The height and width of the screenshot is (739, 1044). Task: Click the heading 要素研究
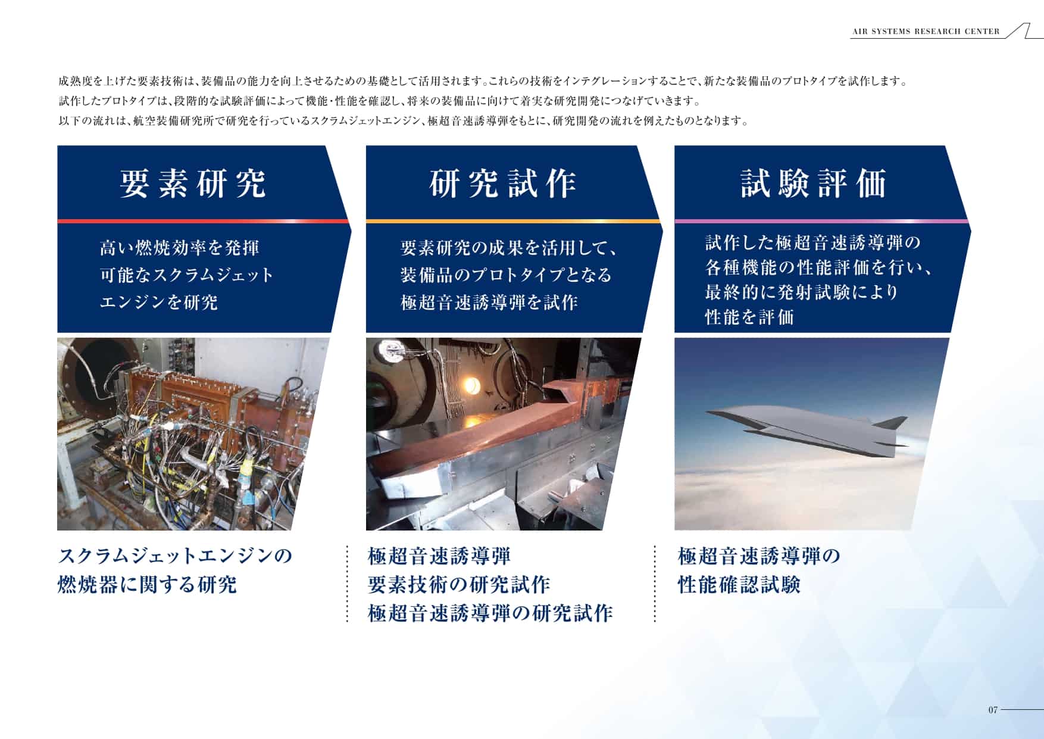[x=193, y=183]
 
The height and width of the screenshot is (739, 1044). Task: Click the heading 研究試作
[x=503, y=183]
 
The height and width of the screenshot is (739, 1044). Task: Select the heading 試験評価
[x=814, y=183]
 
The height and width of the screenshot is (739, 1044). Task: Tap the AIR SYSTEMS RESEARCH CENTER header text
[x=926, y=32]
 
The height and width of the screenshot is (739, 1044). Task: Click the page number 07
[x=992, y=710]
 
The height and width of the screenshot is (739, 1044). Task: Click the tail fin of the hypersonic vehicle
[x=892, y=423]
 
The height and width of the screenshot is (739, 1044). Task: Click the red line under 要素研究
[x=203, y=221]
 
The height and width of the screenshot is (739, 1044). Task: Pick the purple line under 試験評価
[x=821, y=221]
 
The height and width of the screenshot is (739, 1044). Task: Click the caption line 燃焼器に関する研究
[x=147, y=584]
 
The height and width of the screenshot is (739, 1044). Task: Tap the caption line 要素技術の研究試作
[x=459, y=584]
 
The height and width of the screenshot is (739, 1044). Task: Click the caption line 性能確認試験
[x=739, y=584]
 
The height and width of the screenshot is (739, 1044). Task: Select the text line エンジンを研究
[x=159, y=302]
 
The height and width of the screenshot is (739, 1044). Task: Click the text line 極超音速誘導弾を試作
[x=489, y=302]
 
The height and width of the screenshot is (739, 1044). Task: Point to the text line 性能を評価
[x=749, y=317]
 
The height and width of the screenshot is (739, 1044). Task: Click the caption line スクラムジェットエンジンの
[x=175, y=556]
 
